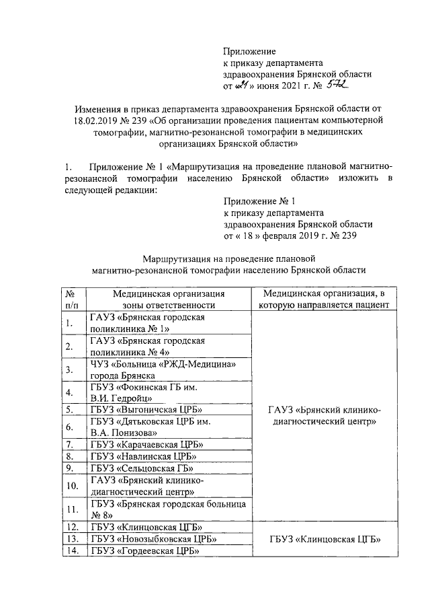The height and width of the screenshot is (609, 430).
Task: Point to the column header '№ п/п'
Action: click(x=69, y=299)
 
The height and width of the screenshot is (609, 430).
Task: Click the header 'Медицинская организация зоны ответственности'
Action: click(x=168, y=299)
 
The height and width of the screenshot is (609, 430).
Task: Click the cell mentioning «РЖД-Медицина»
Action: click(x=161, y=369)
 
